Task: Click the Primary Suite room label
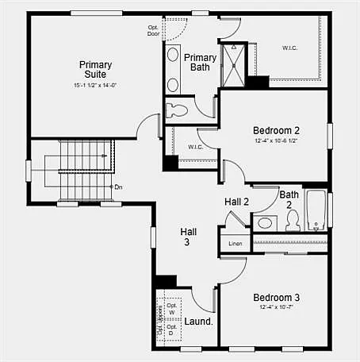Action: coord(95,70)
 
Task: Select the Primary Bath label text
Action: coord(201,63)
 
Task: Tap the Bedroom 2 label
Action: coord(276,130)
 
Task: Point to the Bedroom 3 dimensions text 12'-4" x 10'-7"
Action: coord(276,307)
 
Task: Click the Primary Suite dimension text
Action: coord(95,85)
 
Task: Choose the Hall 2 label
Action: coord(236,202)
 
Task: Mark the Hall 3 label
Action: coord(188,237)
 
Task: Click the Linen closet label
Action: coord(235,244)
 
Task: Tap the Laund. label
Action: coord(198,322)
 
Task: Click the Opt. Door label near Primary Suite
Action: coord(153,31)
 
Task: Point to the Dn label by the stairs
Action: coord(118,187)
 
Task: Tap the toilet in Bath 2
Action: coord(293,220)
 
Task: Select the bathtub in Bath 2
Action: coord(316,210)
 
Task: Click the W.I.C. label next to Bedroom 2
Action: coord(196,147)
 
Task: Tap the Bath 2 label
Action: coord(289,199)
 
